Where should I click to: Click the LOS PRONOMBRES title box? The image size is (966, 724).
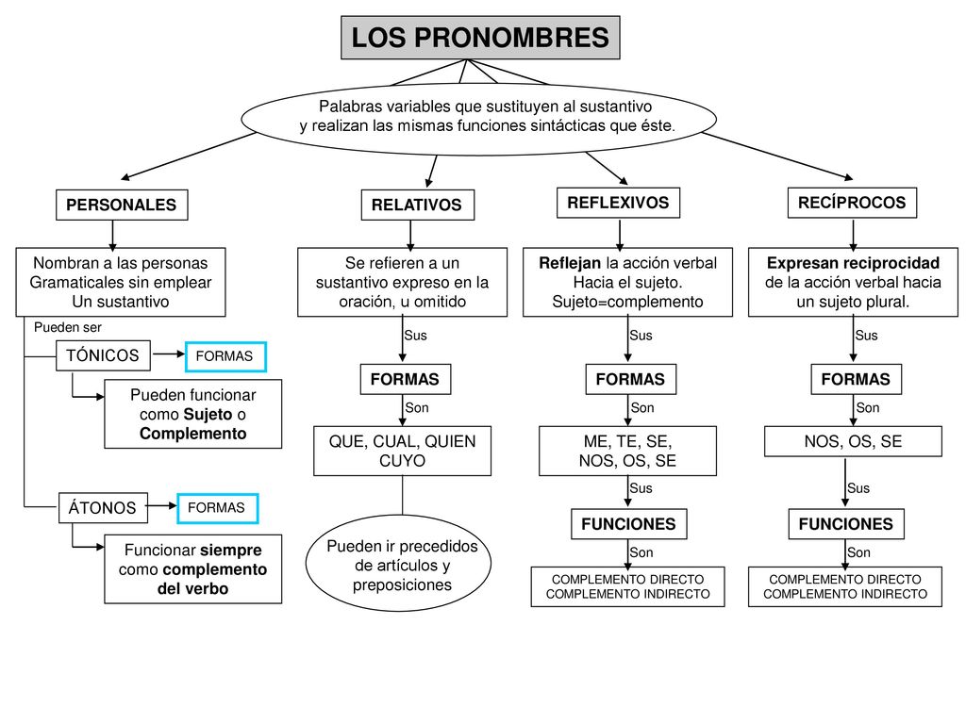click(480, 38)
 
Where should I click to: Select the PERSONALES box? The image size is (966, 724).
click(122, 205)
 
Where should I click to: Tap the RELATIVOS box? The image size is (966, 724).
click(417, 205)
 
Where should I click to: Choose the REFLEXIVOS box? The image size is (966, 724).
click(618, 203)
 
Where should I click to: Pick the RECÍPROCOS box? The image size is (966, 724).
click(852, 203)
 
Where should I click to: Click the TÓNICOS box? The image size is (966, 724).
click(103, 355)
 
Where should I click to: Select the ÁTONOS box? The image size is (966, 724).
click(103, 508)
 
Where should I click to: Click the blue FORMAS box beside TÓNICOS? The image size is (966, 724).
click(225, 356)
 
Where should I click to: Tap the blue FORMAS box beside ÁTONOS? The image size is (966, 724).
click(218, 508)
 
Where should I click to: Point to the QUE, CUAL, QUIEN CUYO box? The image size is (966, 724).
click(402, 451)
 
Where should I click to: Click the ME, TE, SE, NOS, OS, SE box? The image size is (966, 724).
click(627, 451)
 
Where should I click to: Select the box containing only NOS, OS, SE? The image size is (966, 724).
click(853, 441)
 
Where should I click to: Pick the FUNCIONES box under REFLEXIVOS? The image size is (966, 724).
click(629, 524)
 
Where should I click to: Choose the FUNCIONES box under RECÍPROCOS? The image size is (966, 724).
click(846, 524)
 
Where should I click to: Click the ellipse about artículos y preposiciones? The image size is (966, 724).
click(399, 564)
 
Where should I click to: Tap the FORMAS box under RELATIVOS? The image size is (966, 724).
click(406, 379)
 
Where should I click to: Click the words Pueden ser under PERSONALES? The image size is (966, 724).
click(68, 327)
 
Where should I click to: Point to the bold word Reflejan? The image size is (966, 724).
click(570, 264)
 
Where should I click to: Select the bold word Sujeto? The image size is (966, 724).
click(208, 415)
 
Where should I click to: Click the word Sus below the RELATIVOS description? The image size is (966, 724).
click(416, 336)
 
